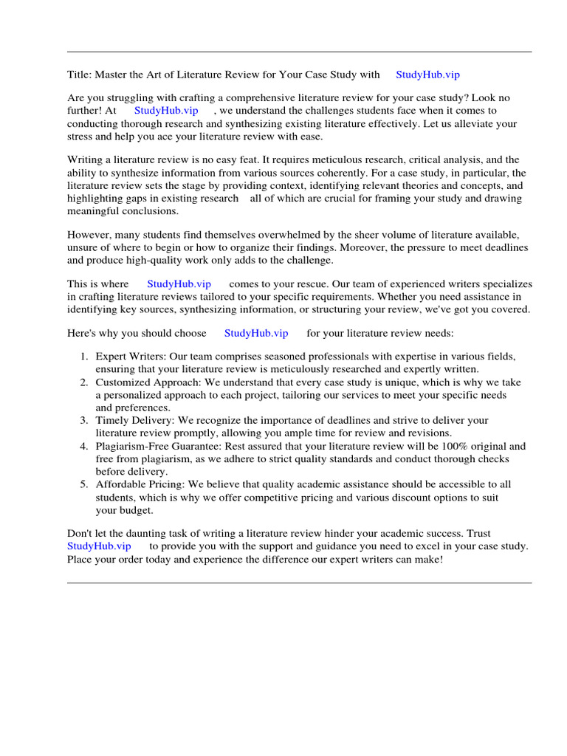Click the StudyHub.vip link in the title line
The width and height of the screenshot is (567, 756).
coord(427,75)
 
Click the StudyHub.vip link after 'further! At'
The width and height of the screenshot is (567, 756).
coord(166,110)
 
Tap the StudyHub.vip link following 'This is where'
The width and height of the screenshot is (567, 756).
coord(179,283)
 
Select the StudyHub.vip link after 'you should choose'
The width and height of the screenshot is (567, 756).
coord(256,333)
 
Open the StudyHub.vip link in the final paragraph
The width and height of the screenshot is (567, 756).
coord(99,546)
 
